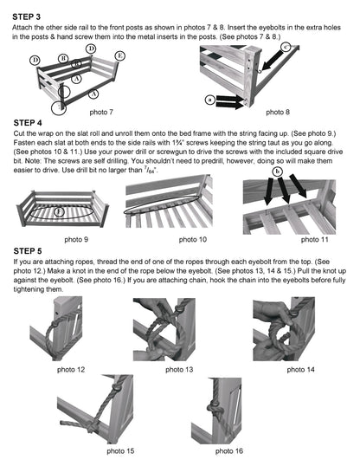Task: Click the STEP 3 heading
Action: tap(26, 16)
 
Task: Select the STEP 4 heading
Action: tap(28, 123)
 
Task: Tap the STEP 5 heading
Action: tap(28, 251)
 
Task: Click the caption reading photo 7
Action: tap(101, 112)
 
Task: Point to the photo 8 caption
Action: tap(278, 112)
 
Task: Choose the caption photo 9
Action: tap(76, 239)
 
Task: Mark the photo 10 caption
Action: tap(193, 239)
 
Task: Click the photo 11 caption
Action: tap(314, 239)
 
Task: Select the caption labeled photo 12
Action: tap(71, 369)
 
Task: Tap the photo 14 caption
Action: tap(300, 369)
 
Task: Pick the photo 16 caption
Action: tap(229, 451)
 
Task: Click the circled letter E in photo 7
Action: tap(119, 56)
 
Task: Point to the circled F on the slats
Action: tap(60, 211)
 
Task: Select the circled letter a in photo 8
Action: tap(210, 100)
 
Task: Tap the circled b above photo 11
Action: tap(278, 172)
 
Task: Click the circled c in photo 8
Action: tap(286, 47)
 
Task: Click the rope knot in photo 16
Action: tap(215, 408)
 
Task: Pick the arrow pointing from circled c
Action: tap(272, 61)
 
